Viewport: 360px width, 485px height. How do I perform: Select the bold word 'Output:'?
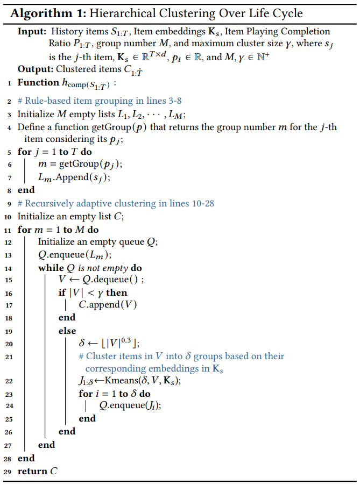point(34,69)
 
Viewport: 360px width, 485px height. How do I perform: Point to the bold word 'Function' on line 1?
point(38,83)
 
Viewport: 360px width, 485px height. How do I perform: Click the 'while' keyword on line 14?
point(50,268)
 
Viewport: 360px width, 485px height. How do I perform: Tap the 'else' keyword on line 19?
point(67,331)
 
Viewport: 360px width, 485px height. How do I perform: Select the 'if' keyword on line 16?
point(62,293)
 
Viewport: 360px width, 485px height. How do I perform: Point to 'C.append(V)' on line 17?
point(108,305)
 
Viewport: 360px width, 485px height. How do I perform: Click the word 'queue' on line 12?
point(133,242)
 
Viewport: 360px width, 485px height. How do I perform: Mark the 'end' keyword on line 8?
point(26,190)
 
